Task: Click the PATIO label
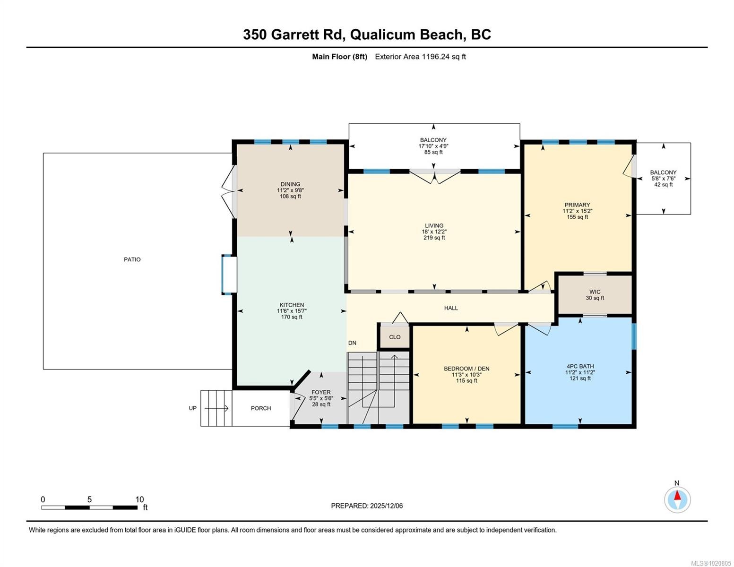[x=132, y=259]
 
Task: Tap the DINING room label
[x=290, y=184]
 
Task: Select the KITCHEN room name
[x=292, y=305]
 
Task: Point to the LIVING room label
[x=434, y=225]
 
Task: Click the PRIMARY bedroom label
[x=577, y=205]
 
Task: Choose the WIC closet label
[x=595, y=292]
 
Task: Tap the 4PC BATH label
[x=580, y=366]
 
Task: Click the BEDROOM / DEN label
[x=466, y=369]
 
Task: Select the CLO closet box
[x=395, y=337]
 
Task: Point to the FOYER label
[x=321, y=392]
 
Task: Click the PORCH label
[x=261, y=408]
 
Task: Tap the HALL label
[x=451, y=308]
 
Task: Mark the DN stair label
[x=352, y=343]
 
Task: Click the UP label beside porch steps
[x=193, y=408]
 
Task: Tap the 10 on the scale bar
[x=139, y=499]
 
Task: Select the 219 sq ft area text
[x=434, y=238]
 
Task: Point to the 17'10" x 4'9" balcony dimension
[x=433, y=146]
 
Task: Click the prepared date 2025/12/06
[x=386, y=506]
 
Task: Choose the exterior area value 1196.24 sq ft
[x=444, y=57]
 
